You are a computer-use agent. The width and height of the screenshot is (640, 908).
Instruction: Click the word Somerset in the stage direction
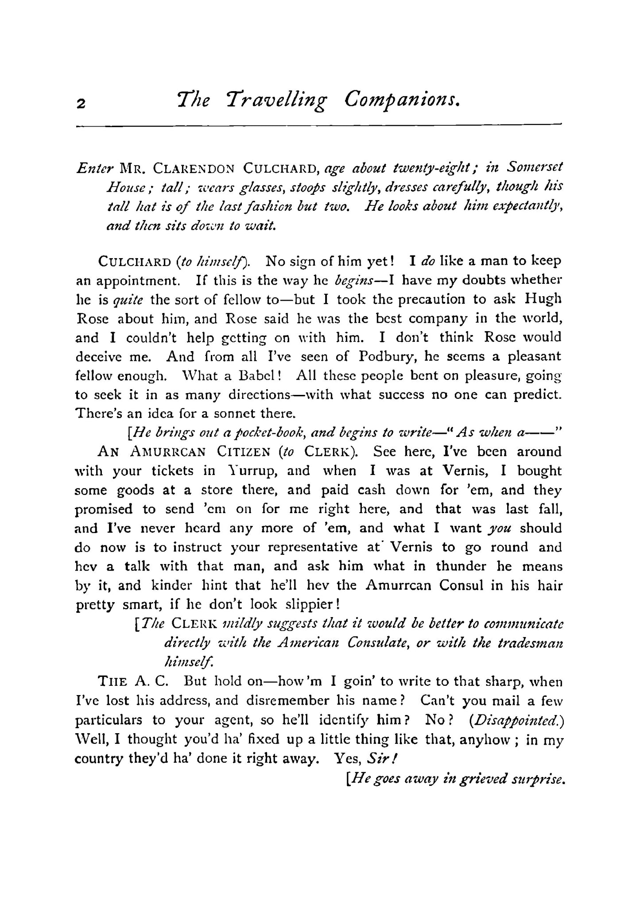click(x=535, y=168)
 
